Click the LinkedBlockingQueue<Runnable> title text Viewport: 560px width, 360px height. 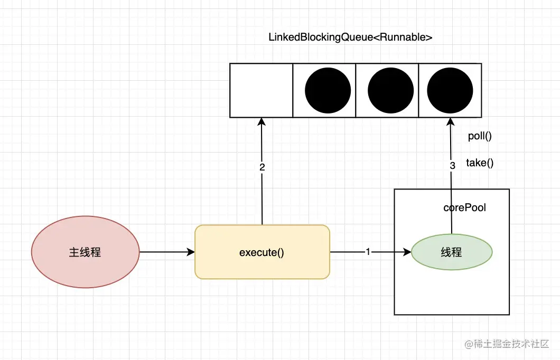(x=350, y=37)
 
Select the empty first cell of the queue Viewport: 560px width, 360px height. (x=262, y=91)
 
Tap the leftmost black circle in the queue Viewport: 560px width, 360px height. (x=328, y=91)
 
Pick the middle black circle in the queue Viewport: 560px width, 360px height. (x=391, y=91)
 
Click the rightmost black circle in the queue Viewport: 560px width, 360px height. (x=450, y=91)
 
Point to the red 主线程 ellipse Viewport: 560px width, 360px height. (x=86, y=252)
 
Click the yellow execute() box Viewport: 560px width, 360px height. (x=262, y=252)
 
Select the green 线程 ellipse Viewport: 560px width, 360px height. (x=452, y=252)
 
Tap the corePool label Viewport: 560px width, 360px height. (x=465, y=207)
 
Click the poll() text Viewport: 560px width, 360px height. (x=480, y=136)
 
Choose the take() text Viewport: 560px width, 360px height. (x=480, y=163)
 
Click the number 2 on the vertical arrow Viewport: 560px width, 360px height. (x=262, y=167)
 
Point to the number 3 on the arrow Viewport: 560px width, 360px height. (x=453, y=166)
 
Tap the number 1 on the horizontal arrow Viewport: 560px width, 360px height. (x=368, y=252)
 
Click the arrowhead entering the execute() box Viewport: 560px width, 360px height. (x=191, y=252)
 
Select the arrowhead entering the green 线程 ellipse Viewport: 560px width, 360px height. (x=407, y=252)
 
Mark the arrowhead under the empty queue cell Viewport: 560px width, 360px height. (x=262, y=122)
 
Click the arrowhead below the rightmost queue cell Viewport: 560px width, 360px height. (x=450, y=122)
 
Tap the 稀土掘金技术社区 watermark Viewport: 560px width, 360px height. (x=507, y=344)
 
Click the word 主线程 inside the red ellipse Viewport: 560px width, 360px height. (x=85, y=252)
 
